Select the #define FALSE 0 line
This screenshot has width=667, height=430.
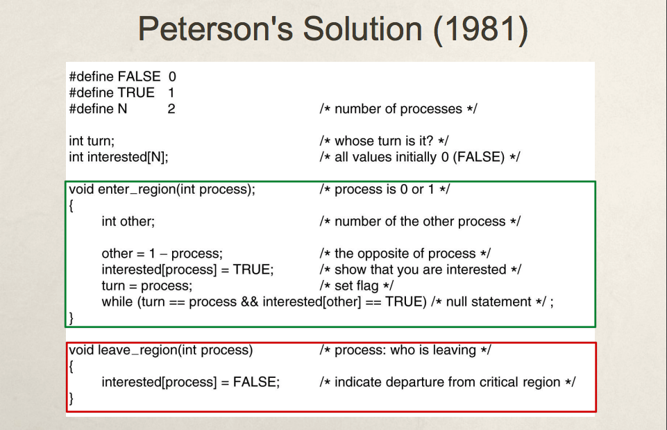(122, 77)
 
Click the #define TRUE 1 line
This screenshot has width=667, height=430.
(121, 93)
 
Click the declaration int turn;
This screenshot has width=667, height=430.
(92, 141)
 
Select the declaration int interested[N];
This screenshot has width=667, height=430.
(119, 157)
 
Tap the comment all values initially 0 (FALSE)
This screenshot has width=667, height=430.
(419, 157)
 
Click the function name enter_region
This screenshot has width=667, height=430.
(138, 190)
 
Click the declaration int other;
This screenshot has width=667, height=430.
(128, 222)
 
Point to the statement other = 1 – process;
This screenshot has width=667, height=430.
(162, 254)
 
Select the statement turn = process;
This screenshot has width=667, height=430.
(146, 286)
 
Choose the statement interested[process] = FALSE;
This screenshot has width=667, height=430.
(190, 382)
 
